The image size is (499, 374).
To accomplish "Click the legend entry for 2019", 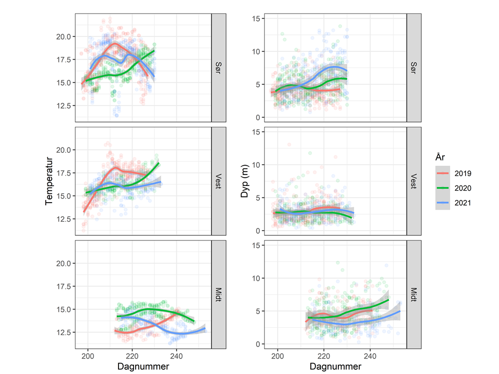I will coord(462,173).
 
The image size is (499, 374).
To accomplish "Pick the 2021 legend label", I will coord(462,203).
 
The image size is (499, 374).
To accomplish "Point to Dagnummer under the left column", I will coord(143,367).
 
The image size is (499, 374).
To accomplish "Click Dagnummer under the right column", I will coord(335,367).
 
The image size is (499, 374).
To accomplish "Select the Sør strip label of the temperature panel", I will coord(218,68).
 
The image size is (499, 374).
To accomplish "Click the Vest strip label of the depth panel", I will coord(413,181).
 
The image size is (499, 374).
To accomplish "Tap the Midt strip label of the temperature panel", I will coord(218,294).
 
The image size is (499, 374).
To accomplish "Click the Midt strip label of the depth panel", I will coord(413,294).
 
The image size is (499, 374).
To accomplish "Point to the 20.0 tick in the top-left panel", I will coord(64,36).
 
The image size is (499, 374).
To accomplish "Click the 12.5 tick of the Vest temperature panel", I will coord(64,219).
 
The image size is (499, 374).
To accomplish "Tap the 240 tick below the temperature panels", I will coord(177,357).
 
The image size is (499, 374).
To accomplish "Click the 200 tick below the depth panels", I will coord(278,357).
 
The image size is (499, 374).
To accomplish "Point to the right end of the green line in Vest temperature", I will coord(158,163).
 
